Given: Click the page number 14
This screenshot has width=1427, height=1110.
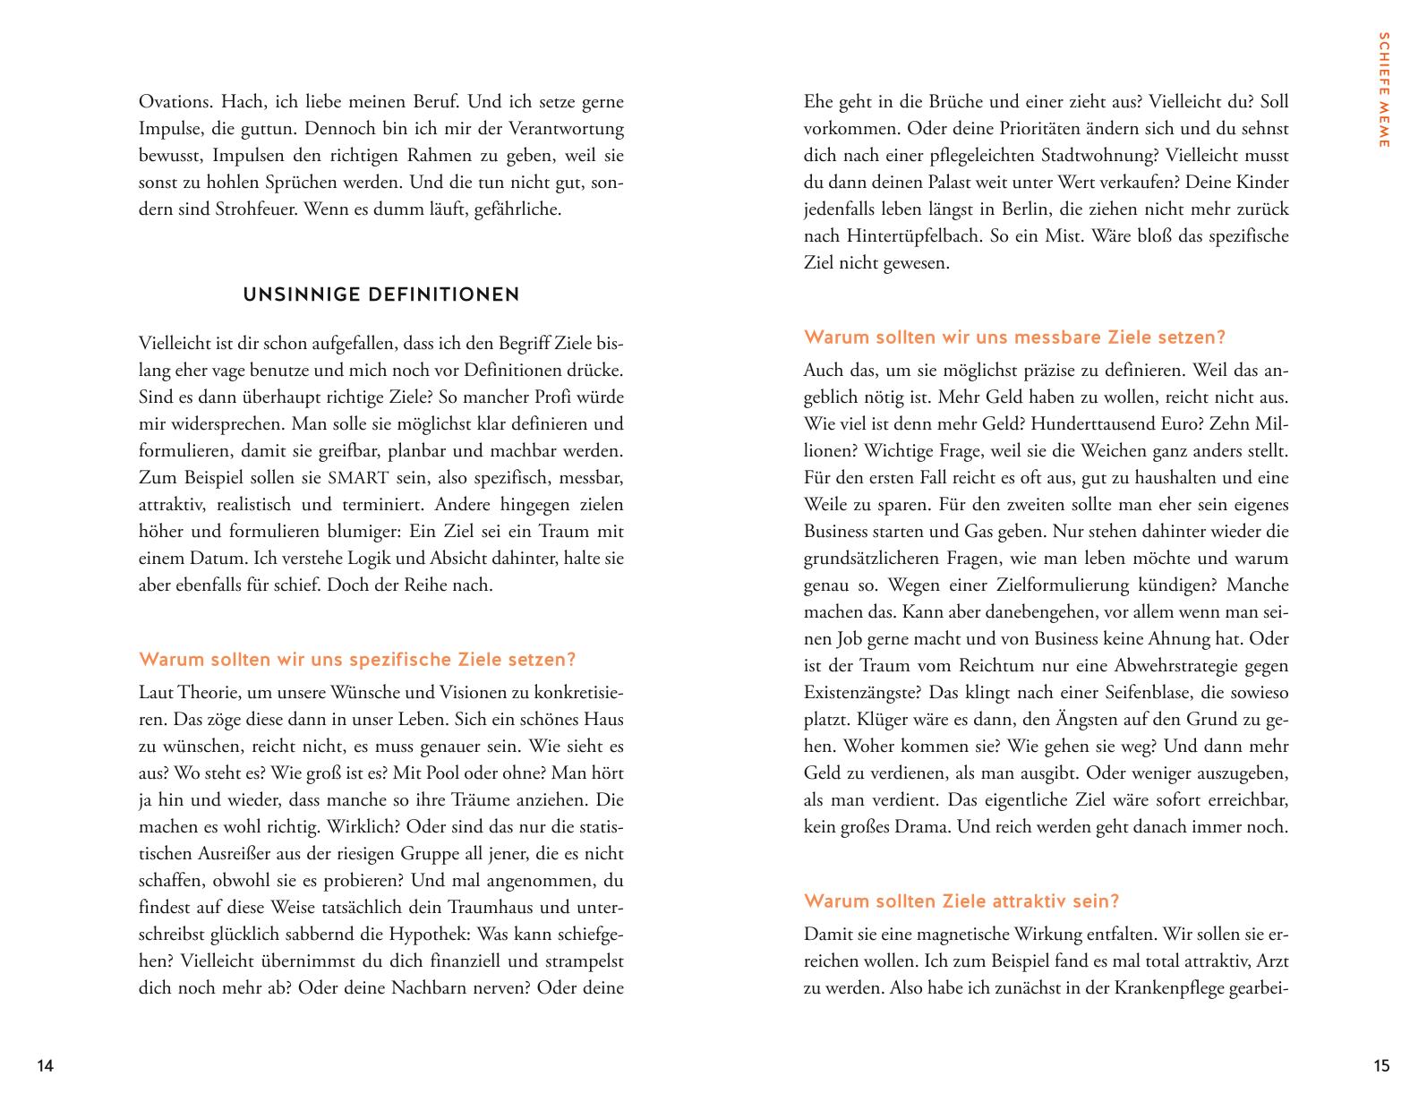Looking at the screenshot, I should tap(46, 1065).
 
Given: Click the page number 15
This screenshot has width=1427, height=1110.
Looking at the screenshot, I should tap(1381, 1065).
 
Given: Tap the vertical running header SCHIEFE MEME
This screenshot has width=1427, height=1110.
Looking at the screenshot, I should tap(1383, 90).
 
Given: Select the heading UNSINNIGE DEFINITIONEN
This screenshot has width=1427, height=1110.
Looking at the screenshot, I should tap(381, 295).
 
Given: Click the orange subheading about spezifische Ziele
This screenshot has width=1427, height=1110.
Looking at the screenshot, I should tap(357, 660).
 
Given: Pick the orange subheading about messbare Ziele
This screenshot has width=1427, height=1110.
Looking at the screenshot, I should tap(1014, 337).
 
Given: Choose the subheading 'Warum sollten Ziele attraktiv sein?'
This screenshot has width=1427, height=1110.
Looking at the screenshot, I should tap(961, 901).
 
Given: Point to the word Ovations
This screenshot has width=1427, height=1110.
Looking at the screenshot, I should tap(175, 102).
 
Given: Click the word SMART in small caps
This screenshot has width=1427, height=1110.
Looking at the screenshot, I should tap(354, 478).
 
